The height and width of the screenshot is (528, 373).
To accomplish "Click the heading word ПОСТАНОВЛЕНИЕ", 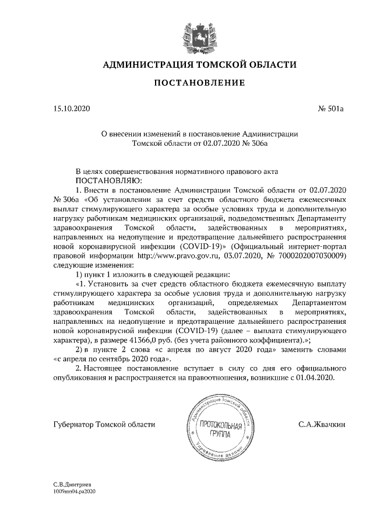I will (x=198, y=83).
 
